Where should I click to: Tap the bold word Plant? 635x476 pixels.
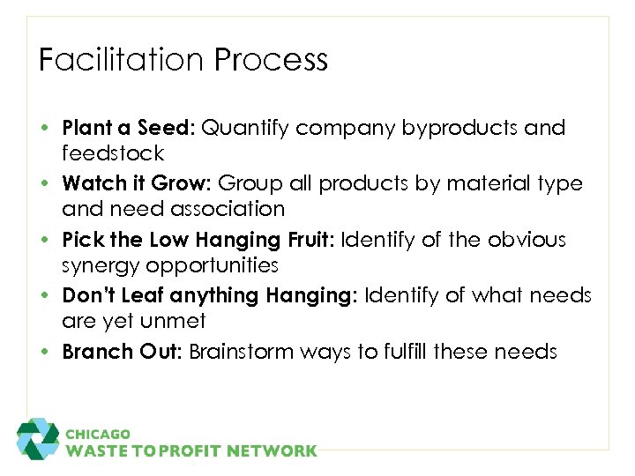pyautogui.click(x=87, y=128)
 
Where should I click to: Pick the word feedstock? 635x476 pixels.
pyautogui.click(x=113, y=153)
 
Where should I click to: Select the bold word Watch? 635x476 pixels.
pyautogui.click(x=92, y=183)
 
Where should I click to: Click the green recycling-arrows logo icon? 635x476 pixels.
pyautogui.click(x=38, y=439)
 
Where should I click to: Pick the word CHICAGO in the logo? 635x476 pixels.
pyautogui.click(x=98, y=434)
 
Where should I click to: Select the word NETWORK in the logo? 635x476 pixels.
pyautogui.click(x=273, y=451)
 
